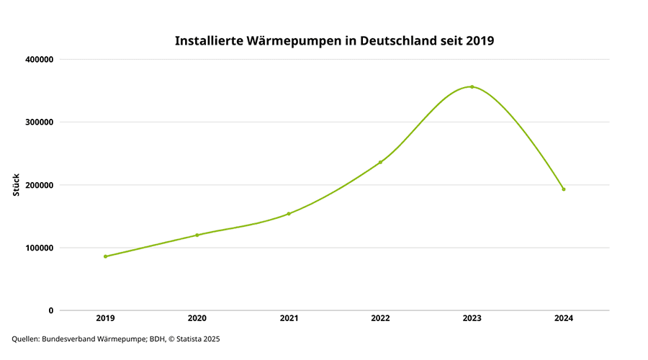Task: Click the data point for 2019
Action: (105, 256)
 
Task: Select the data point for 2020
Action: (197, 235)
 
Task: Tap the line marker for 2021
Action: (289, 214)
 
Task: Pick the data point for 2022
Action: (380, 162)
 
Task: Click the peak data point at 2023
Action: (472, 86)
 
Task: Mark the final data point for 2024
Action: (564, 189)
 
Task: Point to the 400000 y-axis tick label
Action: (38, 59)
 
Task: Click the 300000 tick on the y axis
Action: (38, 122)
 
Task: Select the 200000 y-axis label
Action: (38, 185)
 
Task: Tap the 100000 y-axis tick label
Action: (38, 248)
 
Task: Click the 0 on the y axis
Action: (50, 310)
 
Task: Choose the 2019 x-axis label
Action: (105, 318)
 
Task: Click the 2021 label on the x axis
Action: (289, 318)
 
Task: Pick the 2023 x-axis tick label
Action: (472, 318)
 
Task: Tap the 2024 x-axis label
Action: (564, 318)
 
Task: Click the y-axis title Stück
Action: (17, 185)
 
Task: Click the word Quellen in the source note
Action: (25, 338)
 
